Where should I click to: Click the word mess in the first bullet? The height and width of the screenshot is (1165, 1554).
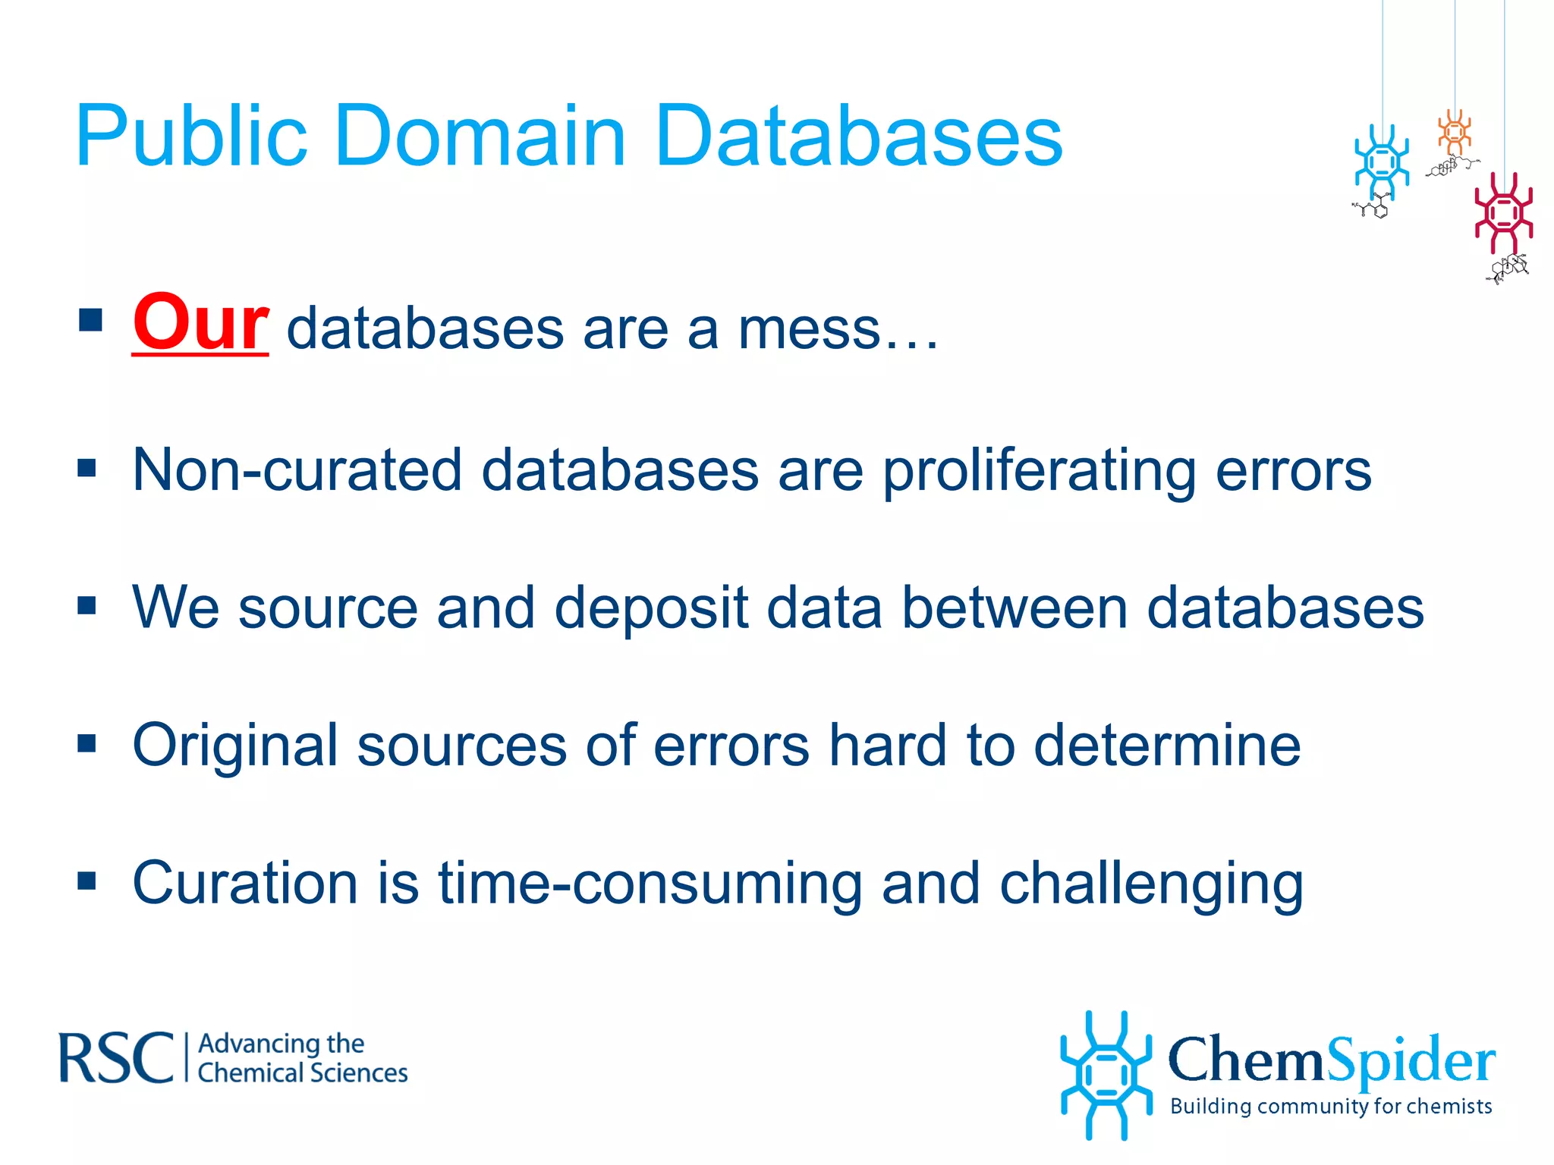coord(809,329)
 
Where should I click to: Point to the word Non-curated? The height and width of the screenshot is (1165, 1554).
coord(297,470)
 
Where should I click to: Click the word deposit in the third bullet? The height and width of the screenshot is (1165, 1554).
coord(651,608)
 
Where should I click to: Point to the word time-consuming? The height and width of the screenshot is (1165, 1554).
coord(650,884)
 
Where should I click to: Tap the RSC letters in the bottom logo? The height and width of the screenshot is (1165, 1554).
coord(116,1057)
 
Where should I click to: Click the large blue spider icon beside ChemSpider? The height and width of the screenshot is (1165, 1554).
coord(1106,1075)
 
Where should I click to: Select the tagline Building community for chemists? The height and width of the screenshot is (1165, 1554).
coord(1331,1106)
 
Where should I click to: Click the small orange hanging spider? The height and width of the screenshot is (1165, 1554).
coord(1455,133)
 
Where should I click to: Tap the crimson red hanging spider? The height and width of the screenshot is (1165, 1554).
coord(1503,213)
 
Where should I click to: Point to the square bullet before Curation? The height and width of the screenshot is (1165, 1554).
coord(87,881)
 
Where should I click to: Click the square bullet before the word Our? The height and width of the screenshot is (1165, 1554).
coord(90,320)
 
